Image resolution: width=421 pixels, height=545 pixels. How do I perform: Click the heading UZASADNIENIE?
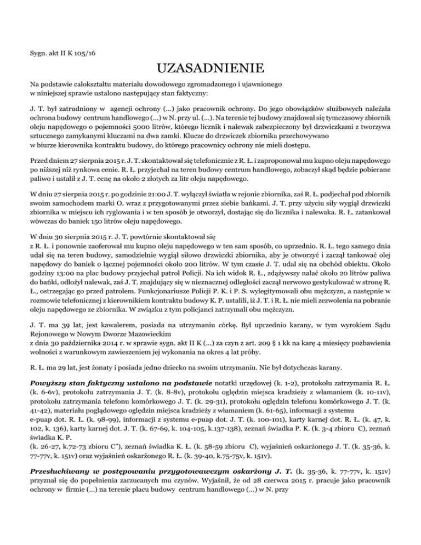tap(210, 69)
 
